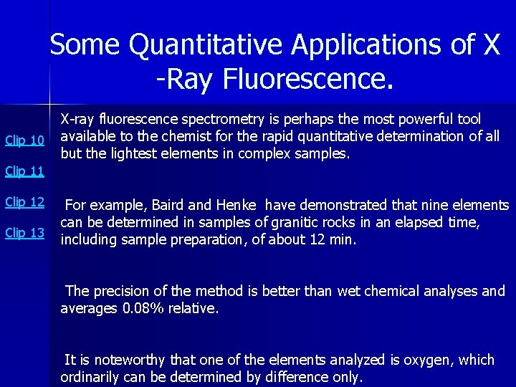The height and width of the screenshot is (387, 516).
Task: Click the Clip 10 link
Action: (24, 140)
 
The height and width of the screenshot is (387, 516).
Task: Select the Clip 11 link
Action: (24, 171)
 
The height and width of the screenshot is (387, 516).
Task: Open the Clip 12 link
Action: (24, 202)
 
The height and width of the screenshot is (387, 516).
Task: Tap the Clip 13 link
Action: (24, 233)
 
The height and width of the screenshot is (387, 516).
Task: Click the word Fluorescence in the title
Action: (308, 79)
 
